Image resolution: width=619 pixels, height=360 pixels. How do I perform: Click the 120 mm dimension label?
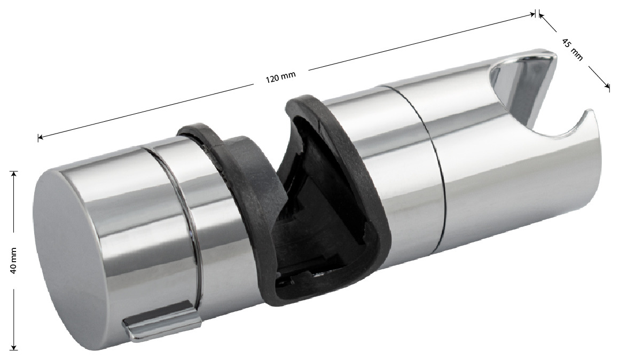tap(281, 77)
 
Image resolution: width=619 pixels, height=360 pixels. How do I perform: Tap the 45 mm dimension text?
tap(572, 49)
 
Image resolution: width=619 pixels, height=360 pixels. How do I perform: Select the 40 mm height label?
tap(13, 261)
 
